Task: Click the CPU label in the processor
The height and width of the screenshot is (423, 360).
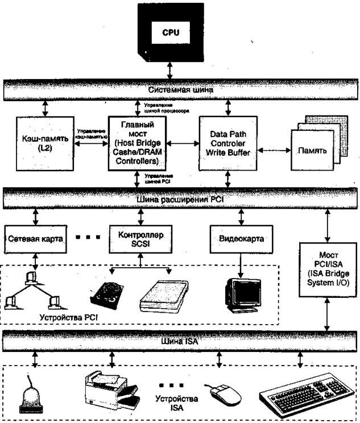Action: pos(171,32)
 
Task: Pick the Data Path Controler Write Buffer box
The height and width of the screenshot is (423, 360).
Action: pos(228,143)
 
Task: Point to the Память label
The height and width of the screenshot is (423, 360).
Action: pos(310,151)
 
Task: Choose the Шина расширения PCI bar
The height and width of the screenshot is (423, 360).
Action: pos(180,200)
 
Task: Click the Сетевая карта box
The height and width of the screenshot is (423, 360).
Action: pos(34,239)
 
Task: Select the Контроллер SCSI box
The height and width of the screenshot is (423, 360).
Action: pos(136,239)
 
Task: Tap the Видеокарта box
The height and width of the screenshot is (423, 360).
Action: pos(241,239)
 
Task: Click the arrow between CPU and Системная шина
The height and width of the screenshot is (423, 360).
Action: pos(171,69)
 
